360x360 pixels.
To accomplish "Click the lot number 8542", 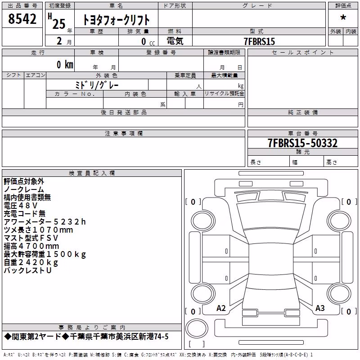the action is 22,18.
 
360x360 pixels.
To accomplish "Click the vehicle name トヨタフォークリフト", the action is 116,20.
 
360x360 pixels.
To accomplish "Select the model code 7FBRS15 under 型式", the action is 259,41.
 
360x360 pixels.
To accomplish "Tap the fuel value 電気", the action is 175,41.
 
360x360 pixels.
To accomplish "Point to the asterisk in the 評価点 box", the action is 343,18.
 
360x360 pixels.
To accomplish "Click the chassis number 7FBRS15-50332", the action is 302,143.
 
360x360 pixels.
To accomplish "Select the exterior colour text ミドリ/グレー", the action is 97,85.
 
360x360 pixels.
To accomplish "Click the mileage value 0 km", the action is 65,64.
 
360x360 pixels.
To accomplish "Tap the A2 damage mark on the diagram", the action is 221,308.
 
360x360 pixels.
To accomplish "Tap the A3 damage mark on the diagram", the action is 320,308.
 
